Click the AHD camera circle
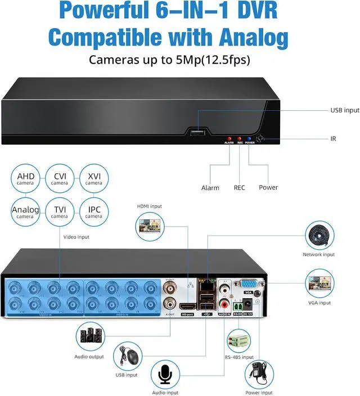26,179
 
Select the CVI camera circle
60,179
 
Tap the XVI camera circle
94,179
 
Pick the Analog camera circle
26,212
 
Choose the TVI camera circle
60,212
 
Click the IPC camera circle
94,212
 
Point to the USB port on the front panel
198,133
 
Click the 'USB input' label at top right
344,111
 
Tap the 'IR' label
334,138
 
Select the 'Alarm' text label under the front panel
210,187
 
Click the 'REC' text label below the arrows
240,187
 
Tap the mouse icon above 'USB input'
128,356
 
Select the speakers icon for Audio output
90,336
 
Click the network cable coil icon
320,236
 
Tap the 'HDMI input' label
149,206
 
